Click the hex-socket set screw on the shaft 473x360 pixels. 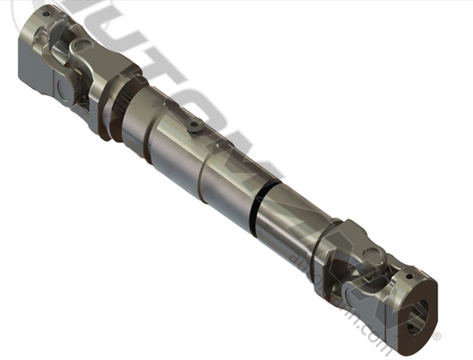point(194,125)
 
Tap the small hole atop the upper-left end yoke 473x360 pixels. point(45,13)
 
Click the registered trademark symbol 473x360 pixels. point(436,337)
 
